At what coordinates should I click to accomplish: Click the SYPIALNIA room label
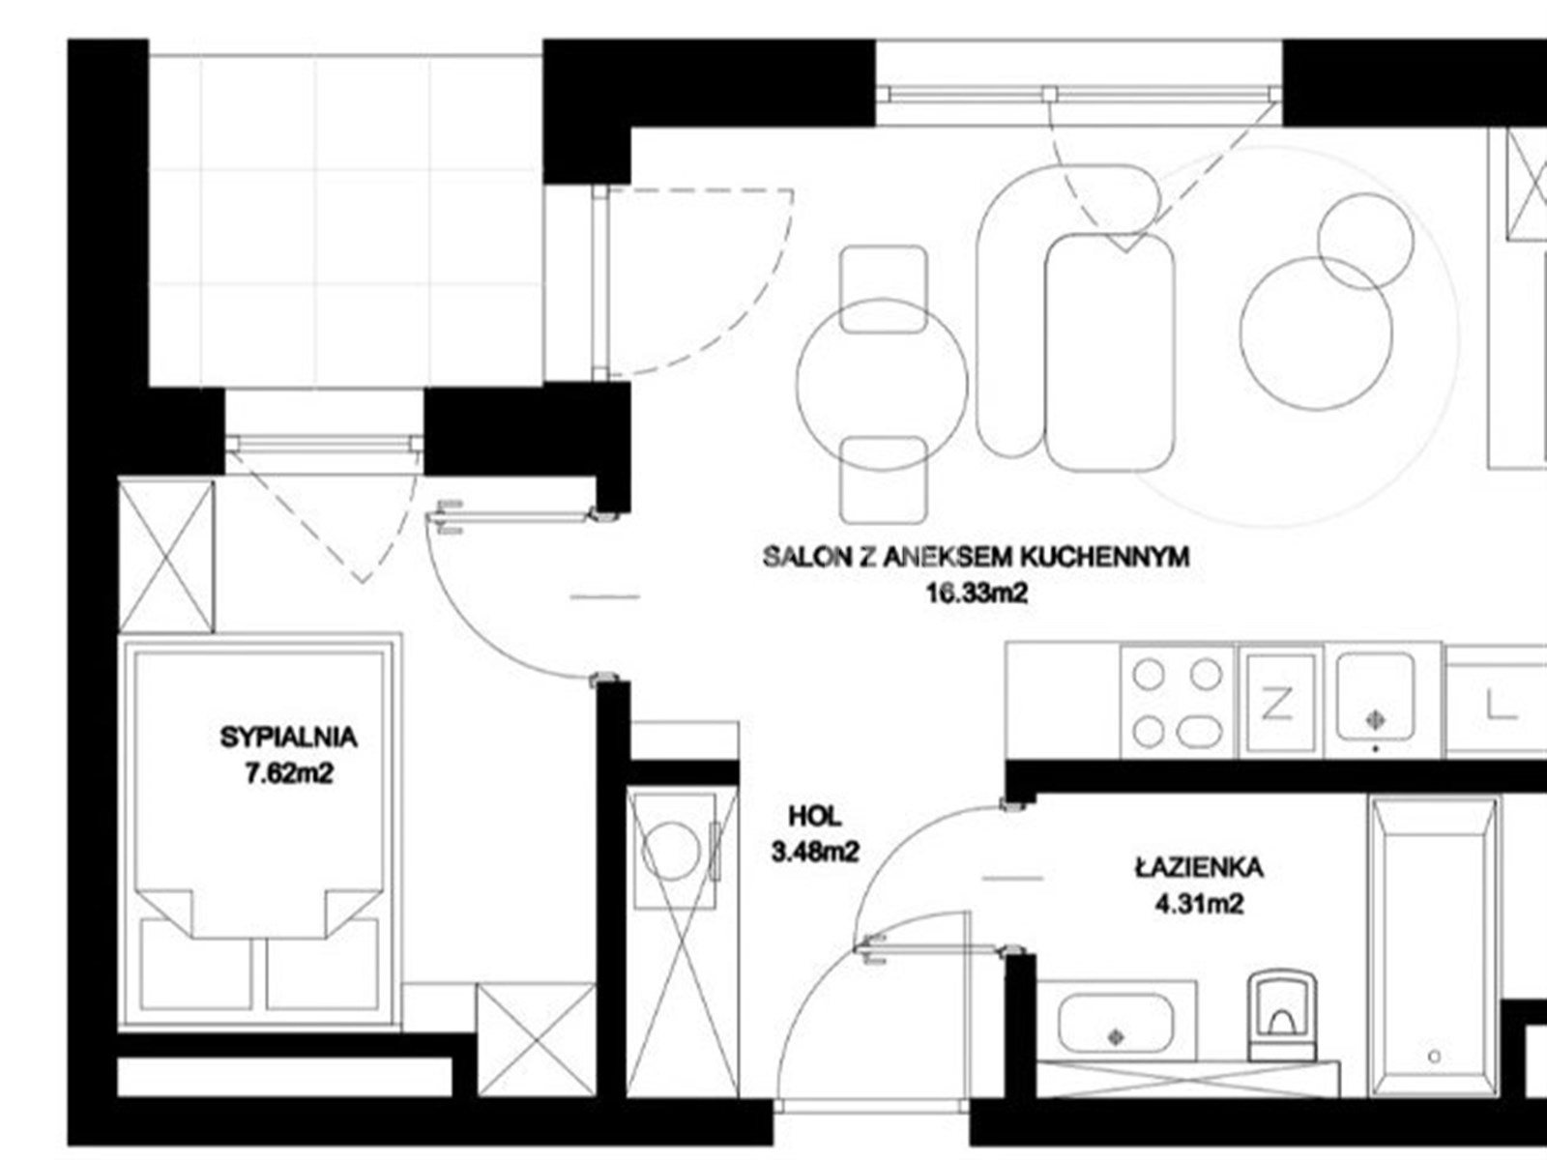(x=288, y=738)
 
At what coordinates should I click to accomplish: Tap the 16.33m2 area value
(x=977, y=594)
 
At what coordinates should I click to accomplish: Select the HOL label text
(x=815, y=816)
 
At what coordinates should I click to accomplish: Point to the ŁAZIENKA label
(x=1199, y=867)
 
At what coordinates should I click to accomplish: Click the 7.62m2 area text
(x=288, y=774)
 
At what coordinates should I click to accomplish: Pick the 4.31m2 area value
(x=1199, y=904)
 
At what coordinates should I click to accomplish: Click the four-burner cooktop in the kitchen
(x=1177, y=701)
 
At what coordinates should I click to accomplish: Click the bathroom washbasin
(x=1116, y=1021)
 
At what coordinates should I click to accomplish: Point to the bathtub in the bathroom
(x=1435, y=945)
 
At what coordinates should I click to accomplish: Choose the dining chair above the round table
(x=883, y=289)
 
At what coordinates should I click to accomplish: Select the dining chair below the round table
(x=883, y=480)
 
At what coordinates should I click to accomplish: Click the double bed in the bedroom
(x=260, y=831)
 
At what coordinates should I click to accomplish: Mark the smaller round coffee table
(x=1365, y=241)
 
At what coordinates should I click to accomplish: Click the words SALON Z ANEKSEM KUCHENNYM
(x=977, y=557)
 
